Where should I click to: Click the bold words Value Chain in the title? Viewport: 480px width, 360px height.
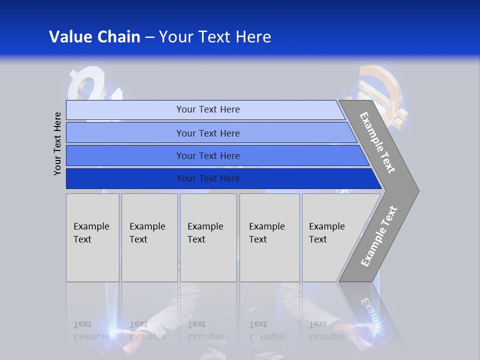[94, 37]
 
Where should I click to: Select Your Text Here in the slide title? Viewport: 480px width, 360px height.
[215, 37]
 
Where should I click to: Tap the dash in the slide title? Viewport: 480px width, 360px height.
[149, 37]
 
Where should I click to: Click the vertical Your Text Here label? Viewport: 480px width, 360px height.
[57, 143]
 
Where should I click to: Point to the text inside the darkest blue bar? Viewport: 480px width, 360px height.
[208, 178]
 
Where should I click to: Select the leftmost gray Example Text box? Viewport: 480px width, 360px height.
[92, 237]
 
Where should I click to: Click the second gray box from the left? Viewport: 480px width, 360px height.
[149, 237]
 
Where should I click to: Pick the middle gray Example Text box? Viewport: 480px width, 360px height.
[208, 237]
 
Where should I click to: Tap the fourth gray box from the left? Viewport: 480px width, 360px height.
[269, 237]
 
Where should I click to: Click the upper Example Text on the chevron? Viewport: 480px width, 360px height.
[377, 142]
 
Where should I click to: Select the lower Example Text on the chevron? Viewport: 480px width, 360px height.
[378, 236]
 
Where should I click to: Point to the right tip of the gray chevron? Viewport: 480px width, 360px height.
[417, 190]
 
